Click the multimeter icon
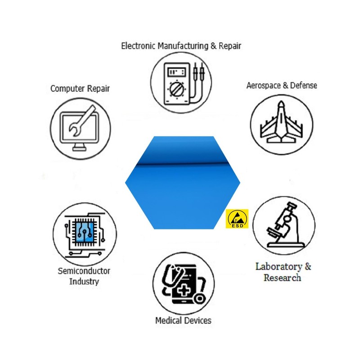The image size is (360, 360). tap(182, 83)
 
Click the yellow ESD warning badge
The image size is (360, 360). tap(237, 218)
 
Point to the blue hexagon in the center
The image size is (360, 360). tap(182, 182)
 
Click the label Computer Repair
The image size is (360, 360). tap(80, 89)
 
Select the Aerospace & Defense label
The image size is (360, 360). tap(282, 85)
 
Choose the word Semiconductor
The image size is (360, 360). tap(84, 271)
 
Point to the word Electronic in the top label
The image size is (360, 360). tap(138, 46)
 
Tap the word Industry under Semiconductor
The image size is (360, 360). tap(84, 282)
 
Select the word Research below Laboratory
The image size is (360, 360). tap(282, 278)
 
